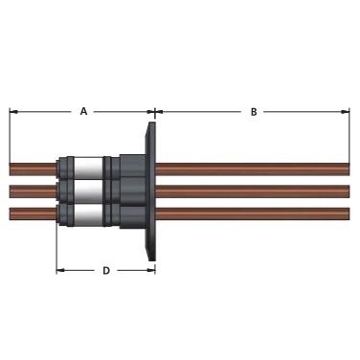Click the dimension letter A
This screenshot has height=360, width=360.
point(83,111)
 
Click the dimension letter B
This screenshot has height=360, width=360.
point(254,112)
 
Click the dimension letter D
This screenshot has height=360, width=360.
point(106,271)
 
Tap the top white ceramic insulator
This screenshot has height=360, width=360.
point(88,168)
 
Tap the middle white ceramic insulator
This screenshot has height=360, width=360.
point(88,192)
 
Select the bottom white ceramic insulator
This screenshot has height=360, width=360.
point(88,215)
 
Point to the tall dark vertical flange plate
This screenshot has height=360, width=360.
point(150,191)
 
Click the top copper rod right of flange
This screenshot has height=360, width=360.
point(253,169)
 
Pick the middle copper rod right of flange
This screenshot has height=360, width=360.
point(253,191)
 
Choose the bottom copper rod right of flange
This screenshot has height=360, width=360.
point(253,214)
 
